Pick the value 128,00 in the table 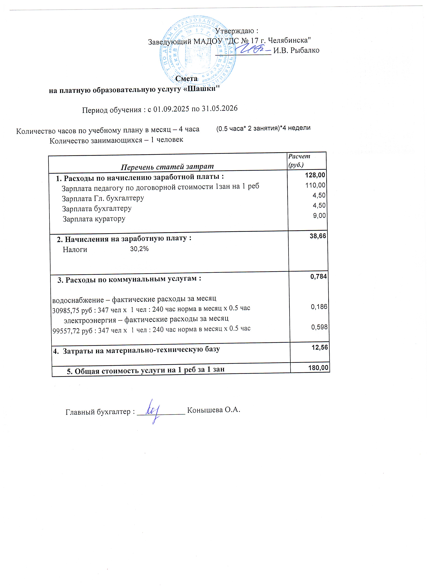315,175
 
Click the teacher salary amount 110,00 315,185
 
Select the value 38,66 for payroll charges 318,236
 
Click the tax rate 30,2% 139,249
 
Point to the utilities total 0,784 319,276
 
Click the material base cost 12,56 320,347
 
